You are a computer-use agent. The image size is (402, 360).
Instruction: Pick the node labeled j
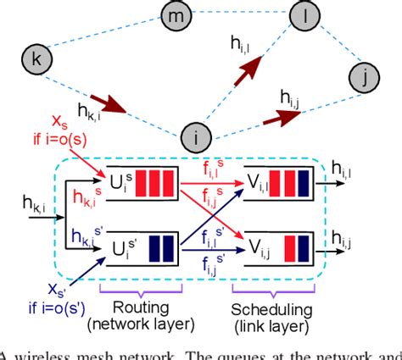click(364, 79)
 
